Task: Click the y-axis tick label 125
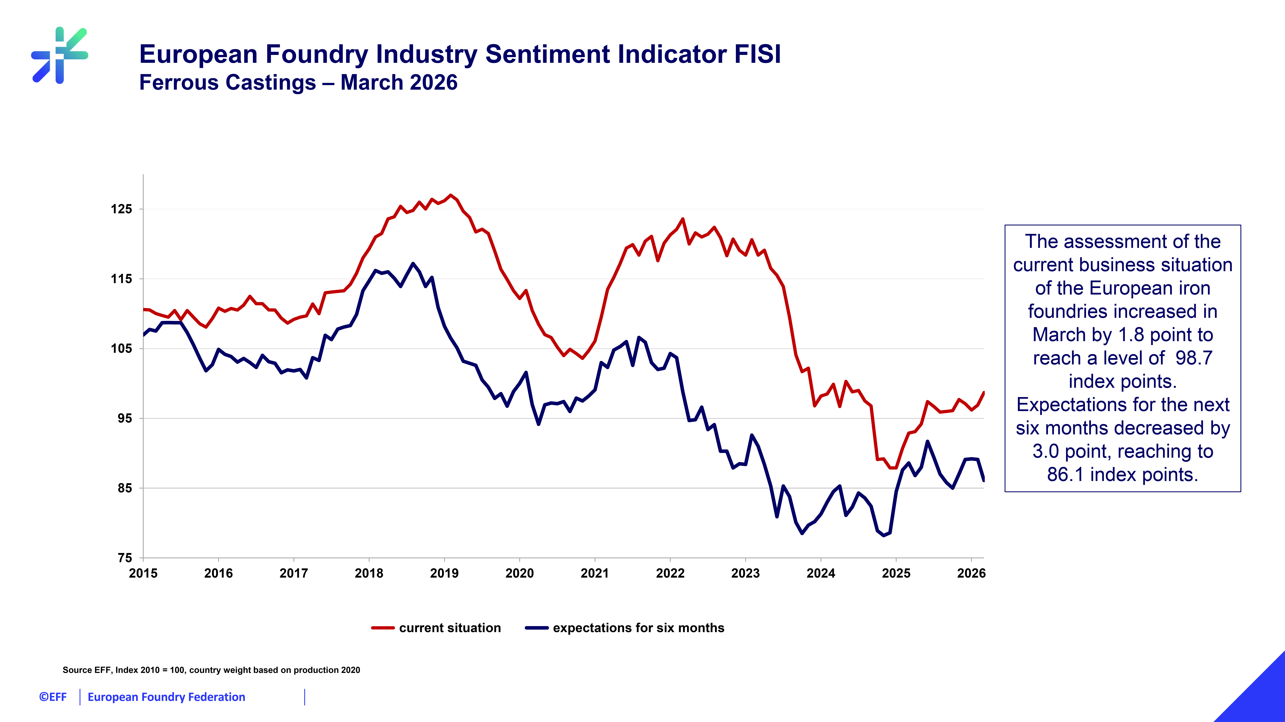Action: [x=121, y=209]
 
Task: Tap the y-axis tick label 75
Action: [x=125, y=558]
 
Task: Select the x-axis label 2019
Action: [x=444, y=573]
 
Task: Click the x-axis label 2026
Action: [x=971, y=573]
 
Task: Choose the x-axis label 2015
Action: [x=143, y=573]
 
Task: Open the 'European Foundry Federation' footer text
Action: [x=166, y=697]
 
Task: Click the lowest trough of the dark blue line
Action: [x=883, y=535]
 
